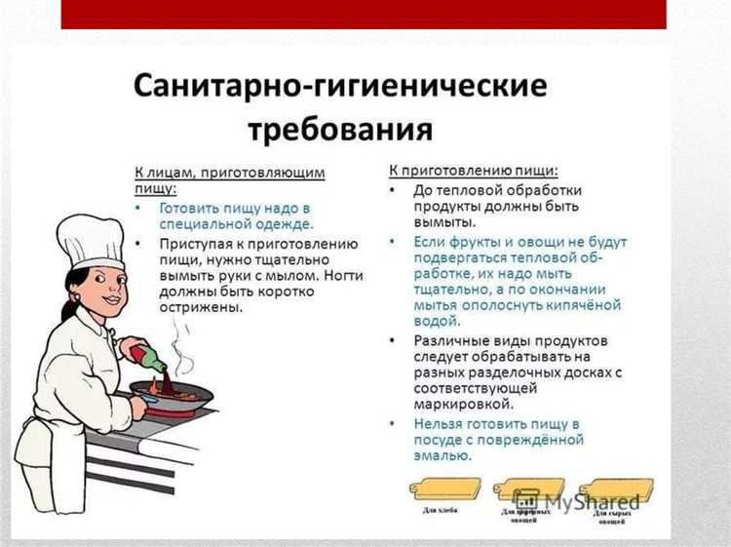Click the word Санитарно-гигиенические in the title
tap(340, 88)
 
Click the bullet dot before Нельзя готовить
tap(392, 424)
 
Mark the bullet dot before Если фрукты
tap(392, 241)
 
